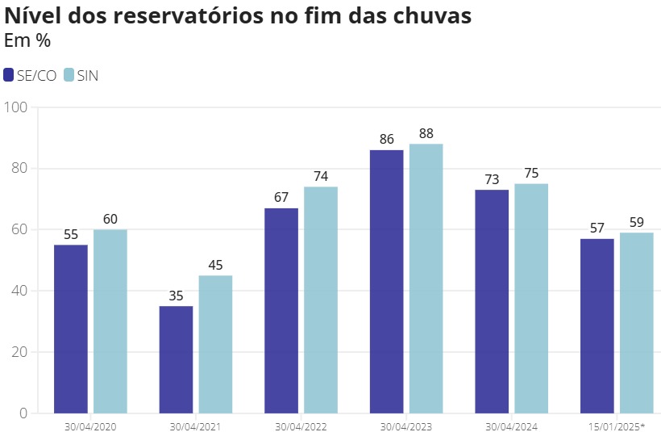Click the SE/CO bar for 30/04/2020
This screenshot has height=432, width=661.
click(x=71, y=329)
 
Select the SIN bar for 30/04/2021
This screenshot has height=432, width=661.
click(x=215, y=344)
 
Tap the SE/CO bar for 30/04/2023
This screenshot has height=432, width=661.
click(x=386, y=281)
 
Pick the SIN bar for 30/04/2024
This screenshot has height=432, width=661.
click(x=531, y=298)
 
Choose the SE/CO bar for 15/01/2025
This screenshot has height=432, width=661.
click(x=597, y=325)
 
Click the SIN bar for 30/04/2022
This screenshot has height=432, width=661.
click(x=321, y=300)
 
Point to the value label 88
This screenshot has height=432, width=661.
click(x=426, y=133)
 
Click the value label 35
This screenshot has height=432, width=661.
click(x=176, y=296)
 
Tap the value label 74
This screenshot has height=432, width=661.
click(x=321, y=176)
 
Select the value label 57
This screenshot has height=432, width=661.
click(x=597, y=228)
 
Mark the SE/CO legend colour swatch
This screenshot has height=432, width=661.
click(x=9, y=75)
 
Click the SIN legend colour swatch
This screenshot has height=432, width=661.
click(x=69, y=75)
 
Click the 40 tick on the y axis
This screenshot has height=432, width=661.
click(x=19, y=291)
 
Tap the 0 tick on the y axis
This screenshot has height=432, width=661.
click(x=23, y=413)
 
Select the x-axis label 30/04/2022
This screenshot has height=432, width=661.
click(x=301, y=426)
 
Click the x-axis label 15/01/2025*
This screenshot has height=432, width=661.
click(x=617, y=426)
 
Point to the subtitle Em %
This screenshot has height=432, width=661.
click(x=27, y=40)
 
